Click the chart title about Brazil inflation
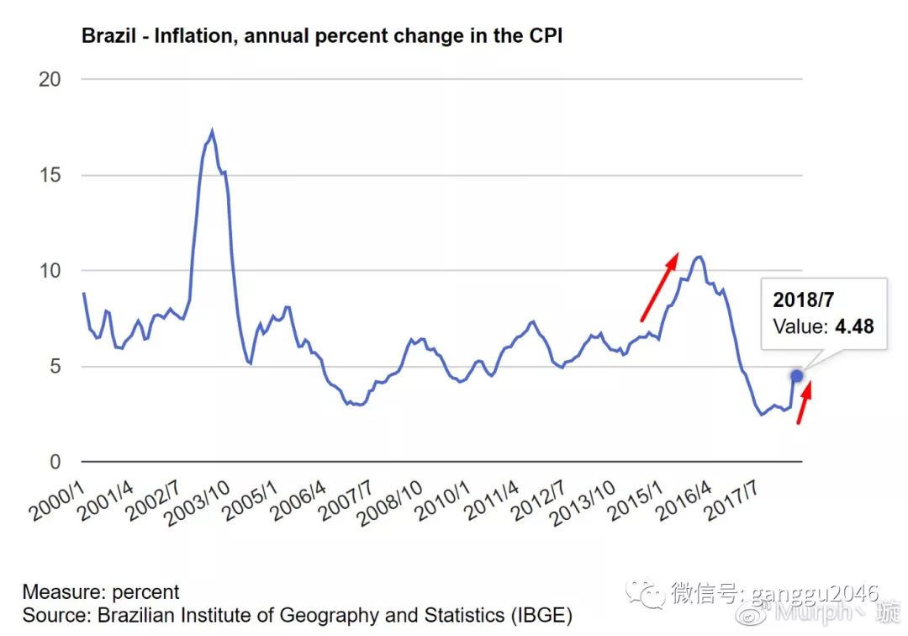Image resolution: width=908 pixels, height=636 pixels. tap(322, 36)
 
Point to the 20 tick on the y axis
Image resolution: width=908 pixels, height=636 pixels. tap(50, 80)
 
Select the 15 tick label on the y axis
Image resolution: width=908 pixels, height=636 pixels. tap(50, 176)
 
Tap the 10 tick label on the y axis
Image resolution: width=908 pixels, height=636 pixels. tap(50, 271)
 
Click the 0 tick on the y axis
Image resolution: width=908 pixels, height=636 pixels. tap(55, 462)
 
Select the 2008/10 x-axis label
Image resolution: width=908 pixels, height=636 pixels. tap(389, 504)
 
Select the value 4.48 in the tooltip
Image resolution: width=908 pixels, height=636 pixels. tap(854, 326)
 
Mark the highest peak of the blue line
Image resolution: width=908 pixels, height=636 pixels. tap(212, 131)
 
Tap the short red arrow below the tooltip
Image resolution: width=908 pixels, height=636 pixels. tap(805, 402)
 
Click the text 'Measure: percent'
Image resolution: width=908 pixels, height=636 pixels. tap(101, 592)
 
